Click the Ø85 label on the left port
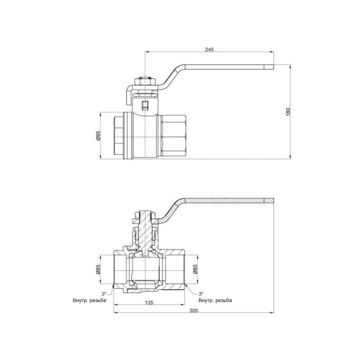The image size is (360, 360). tap(99, 270)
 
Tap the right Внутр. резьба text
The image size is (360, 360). tap(215, 300)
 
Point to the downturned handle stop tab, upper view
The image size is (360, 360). tap(126, 96)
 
